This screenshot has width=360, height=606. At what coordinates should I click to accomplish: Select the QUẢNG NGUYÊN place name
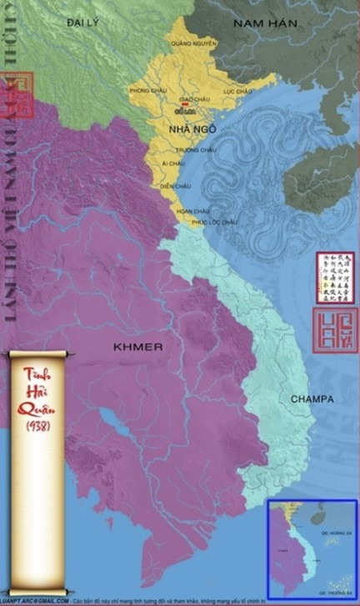point(193,42)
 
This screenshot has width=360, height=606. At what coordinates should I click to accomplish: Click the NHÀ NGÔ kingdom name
point(187,129)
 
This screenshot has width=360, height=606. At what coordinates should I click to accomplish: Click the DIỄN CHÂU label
point(176,186)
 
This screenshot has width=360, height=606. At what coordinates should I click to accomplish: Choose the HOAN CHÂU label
point(192,212)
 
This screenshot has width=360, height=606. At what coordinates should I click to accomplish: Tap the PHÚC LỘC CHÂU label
point(214,223)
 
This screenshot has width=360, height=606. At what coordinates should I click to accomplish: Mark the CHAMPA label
point(312,399)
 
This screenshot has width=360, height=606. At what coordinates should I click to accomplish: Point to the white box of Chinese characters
point(336,278)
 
